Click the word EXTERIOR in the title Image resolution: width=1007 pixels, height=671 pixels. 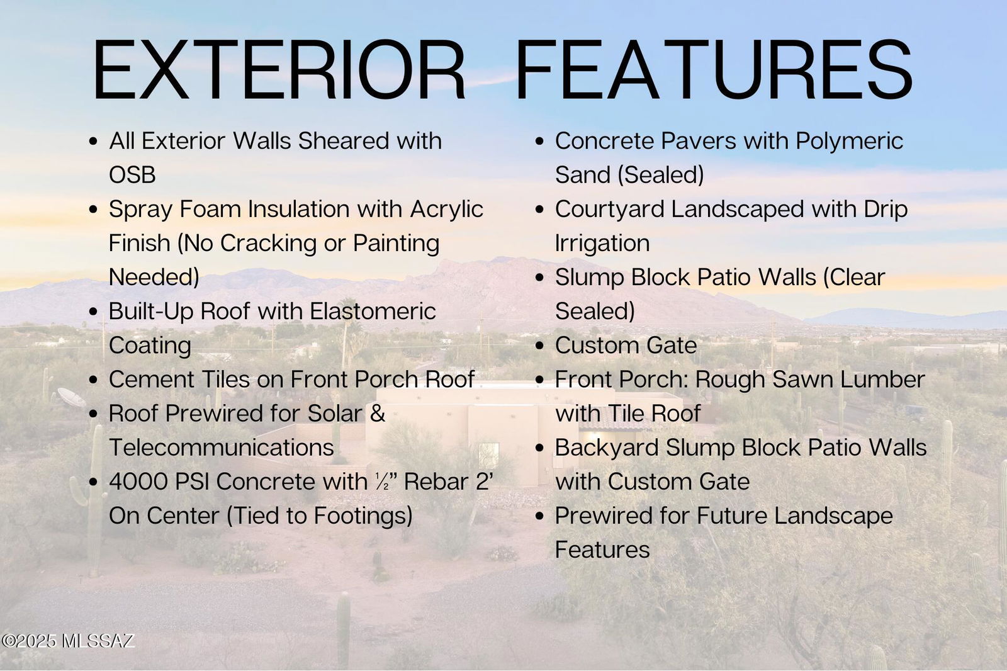coord(279,69)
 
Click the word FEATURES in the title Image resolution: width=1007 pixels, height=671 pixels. coord(715,69)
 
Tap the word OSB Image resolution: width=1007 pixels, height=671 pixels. coord(132,175)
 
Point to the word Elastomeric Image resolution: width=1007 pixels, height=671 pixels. coord(373,311)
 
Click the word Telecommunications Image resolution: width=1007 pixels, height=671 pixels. coord(221,448)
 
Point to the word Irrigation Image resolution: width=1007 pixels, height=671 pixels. coord(602,244)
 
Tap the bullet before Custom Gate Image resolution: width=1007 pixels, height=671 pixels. coord(540,346)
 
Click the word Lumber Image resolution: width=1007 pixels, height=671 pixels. coord(882,380)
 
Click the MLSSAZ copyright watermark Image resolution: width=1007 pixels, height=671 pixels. coord(68,641)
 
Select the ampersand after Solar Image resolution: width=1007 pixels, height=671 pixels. coord(378,414)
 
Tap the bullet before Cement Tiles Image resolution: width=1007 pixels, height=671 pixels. coord(94,380)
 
